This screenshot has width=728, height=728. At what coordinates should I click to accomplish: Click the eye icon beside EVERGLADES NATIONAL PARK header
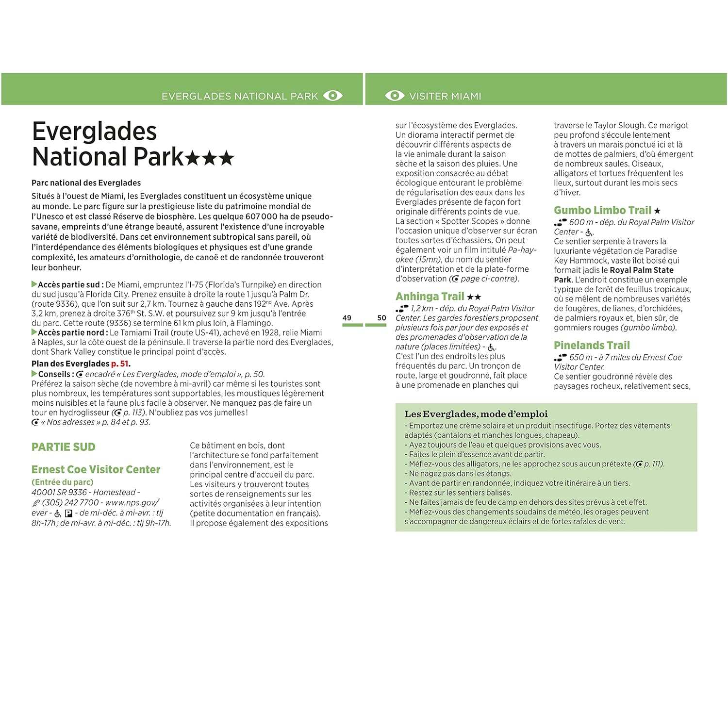(x=333, y=96)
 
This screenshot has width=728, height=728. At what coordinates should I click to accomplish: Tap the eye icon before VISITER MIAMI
(x=394, y=96)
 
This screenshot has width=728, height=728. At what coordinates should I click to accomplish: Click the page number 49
(x=347, y=318)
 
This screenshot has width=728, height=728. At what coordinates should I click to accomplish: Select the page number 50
(x=381, y=318)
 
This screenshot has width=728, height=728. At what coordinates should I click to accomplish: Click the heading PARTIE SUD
(x=64, y=447)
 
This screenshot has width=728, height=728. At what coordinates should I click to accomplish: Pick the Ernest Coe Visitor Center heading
(x=96, y=469)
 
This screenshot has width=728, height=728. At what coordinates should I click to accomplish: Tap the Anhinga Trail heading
(x=430, y=297)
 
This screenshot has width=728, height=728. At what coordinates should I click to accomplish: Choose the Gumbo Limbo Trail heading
(x=602, y=210)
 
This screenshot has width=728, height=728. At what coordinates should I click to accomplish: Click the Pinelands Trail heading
(x=592, y=346)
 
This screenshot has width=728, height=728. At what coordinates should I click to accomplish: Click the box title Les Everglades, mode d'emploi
(x=476, y=414)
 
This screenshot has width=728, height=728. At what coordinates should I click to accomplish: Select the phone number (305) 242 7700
(x=70, y=502)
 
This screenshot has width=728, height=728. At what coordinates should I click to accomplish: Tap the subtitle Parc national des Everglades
(x=86, y=183)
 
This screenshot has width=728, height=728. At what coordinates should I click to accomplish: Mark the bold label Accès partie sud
(x=68, y=284)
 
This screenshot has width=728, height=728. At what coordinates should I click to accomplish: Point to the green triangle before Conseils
(x=34, y=374)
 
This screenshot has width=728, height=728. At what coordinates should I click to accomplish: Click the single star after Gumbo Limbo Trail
(x=657, y=211)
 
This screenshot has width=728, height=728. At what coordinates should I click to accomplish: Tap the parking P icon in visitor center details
(x=68, y=513)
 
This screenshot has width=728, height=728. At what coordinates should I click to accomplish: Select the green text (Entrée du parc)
(x=62, y=482)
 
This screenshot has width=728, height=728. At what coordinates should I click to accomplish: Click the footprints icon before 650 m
(x=560, y=358)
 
